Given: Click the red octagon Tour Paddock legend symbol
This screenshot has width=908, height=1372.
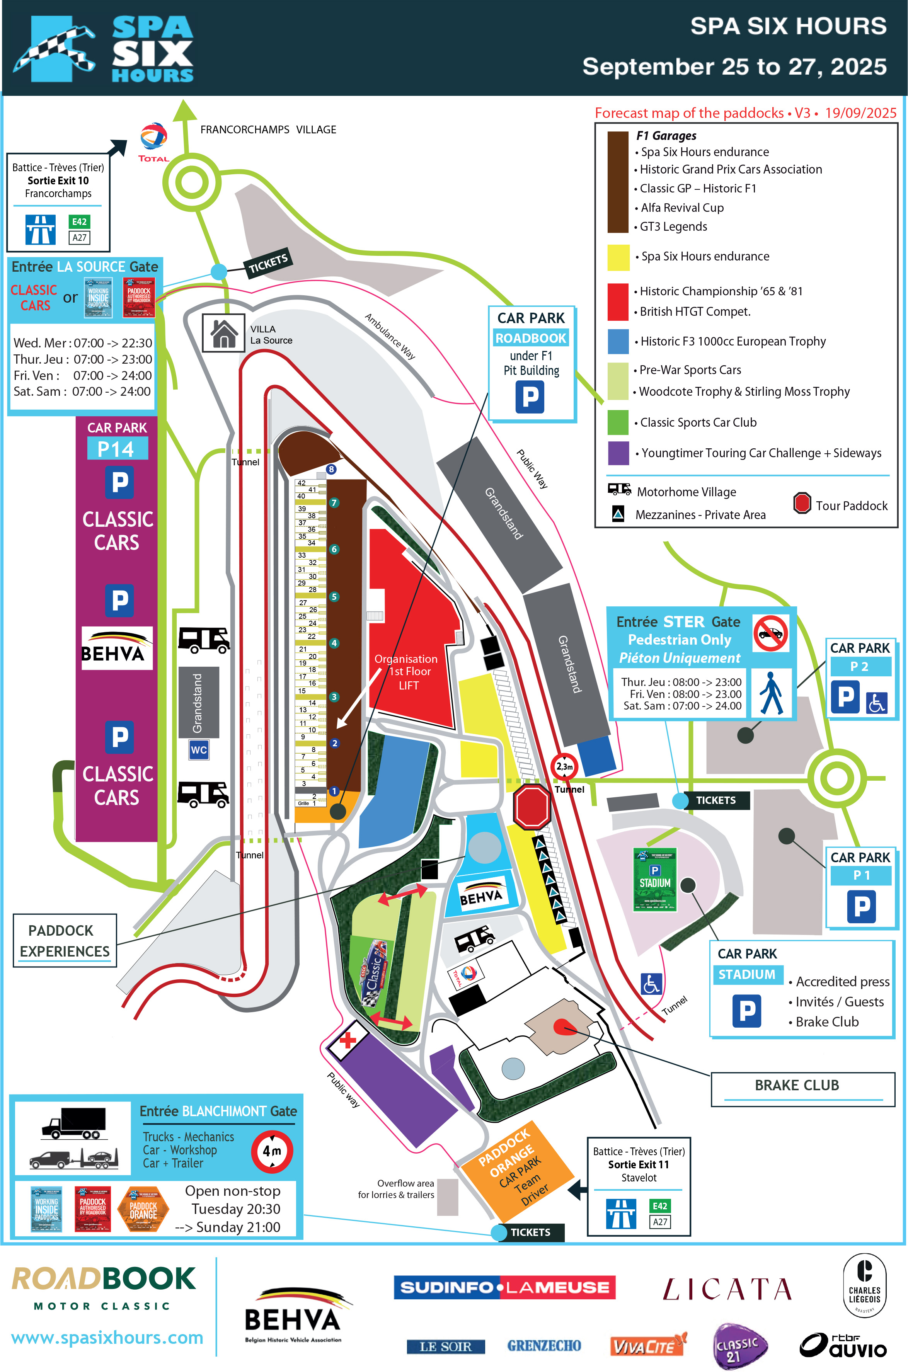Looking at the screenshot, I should pyautogui.click(x=802, y=503).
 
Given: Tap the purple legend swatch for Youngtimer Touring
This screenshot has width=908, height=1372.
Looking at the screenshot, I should pyautogui.click(x=618, y=453).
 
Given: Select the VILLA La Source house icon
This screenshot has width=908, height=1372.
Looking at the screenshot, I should pyautogui.click(x=223, y=333).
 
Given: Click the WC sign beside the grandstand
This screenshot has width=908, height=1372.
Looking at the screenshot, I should pyautogui.click(x=199, y=750).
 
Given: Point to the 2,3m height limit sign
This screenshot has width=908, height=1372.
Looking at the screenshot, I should pyautogui.click(x=564, y=766).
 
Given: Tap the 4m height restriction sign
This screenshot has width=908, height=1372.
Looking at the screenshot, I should pyautogui.click(x=272, y=1151).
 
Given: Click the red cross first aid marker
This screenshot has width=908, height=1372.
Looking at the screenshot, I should pyautogui.click(x=348, y=1040).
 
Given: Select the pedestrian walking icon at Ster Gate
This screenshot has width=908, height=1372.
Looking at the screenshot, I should pyautogui.click(x=771, y=693).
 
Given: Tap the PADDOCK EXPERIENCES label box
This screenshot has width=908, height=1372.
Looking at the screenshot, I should pyautogui.click(x=64, y=941).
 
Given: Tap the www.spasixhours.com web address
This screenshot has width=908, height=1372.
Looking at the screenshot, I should pyautogui.click(x=107, y=1338).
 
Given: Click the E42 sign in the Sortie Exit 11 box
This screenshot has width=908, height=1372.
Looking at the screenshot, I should pyautogui.click(x=659, y=1206).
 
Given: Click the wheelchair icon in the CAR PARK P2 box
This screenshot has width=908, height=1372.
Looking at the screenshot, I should pyautogui.click(x=876, y=703).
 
